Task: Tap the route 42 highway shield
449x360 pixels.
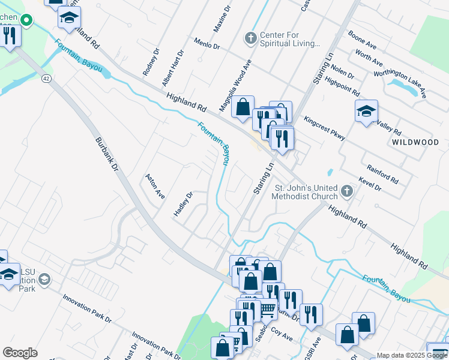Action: (x=46, y=79)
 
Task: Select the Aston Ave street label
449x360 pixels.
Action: (x=154, y=187)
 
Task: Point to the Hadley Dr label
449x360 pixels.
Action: (x=184, y=206)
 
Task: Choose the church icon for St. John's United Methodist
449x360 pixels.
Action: (x=346, y=191)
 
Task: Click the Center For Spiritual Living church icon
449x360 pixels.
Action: (x=250, y=38)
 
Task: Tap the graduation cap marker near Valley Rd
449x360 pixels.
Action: (x=366, y=112)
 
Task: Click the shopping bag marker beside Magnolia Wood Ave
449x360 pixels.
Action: (x=243, y=107)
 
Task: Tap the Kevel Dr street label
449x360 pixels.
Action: (x=369, y=184)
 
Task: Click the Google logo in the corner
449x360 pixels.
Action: (x=20, y=353)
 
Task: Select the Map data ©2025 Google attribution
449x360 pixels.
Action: (x=412, y=355)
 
